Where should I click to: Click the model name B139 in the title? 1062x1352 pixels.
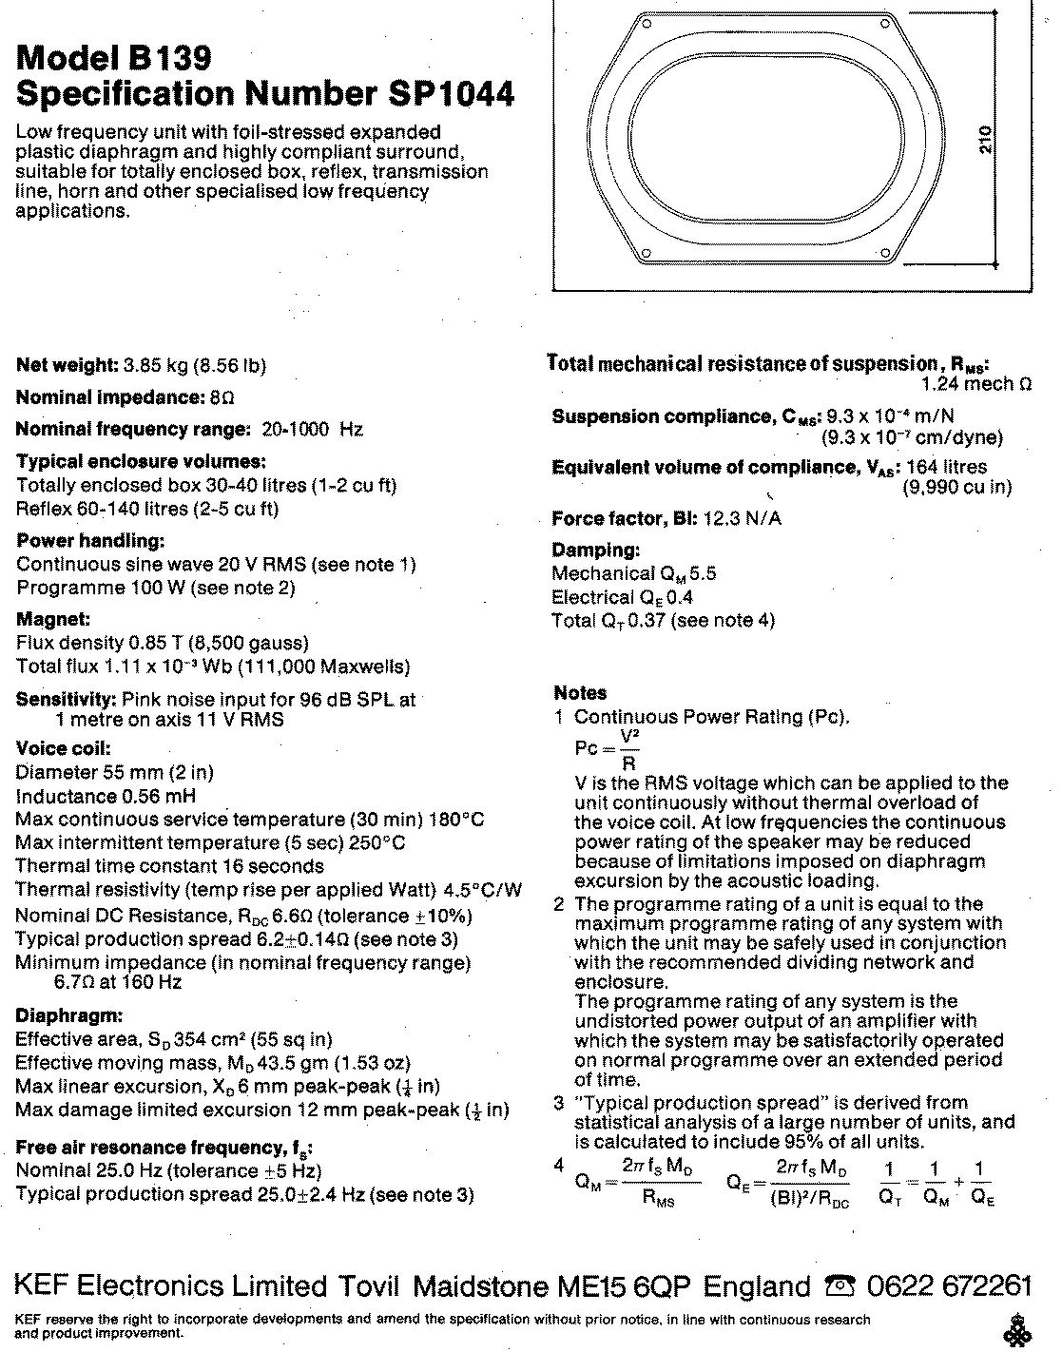coord(164,59)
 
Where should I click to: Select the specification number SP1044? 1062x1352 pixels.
coord(452,94)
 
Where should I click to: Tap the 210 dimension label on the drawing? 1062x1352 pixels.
coord(986,140)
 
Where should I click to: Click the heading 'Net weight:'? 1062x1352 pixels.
coord(66,366)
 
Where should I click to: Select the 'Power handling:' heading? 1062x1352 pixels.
coord(91,541)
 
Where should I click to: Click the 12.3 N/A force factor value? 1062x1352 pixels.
coord(742,519)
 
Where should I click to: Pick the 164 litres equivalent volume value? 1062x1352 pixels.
coord(946,467)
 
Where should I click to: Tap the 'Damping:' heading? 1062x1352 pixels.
coord(596,550)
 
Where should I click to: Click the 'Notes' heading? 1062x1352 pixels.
coord(580,693)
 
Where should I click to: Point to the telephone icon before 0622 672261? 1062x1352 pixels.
coord(840,1287)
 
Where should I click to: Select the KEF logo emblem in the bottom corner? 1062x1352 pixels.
coord(1020,1327)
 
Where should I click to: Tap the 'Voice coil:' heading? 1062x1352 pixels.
coord(64,748)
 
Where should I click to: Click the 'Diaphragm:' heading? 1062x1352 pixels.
coord(69,1015)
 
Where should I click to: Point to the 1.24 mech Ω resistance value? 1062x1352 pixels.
coord(976,384)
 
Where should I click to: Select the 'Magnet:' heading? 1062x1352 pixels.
coord(53,619)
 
